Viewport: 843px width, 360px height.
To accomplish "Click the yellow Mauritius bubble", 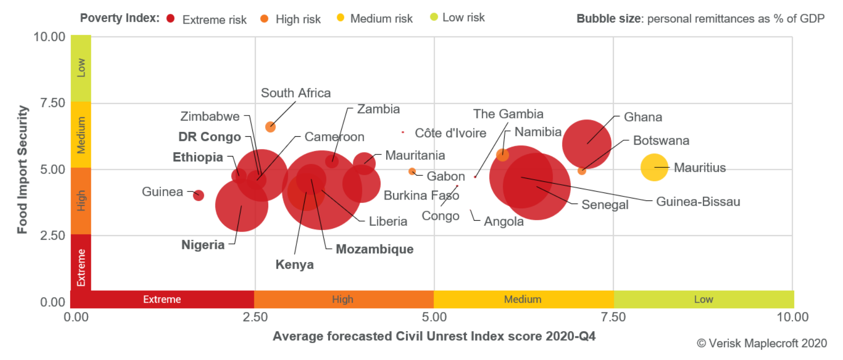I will [654, 167].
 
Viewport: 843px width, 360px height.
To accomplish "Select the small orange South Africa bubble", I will [270, 127].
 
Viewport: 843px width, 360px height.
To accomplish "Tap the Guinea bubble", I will [199, 196].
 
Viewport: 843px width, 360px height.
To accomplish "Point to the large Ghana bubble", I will [587, 144].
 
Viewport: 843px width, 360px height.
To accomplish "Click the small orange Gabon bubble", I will [412, 171].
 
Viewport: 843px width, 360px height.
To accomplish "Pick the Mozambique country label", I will [374, 249].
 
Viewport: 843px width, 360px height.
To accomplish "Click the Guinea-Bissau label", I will [697, 201].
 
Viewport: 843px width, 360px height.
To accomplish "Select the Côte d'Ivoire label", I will [450, 133].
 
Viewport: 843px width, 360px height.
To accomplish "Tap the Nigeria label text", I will [202, 245].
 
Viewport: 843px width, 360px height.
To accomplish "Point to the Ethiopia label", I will [198, 157].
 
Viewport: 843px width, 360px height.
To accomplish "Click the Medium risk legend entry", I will [381, 19].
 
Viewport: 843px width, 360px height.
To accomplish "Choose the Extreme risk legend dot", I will [171, 19].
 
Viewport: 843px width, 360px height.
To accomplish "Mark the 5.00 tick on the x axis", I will [434, 317].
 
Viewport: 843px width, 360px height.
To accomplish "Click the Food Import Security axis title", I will [22, 169].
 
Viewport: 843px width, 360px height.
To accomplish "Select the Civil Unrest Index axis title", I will [434, 336].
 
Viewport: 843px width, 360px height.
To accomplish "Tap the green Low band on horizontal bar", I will [703, 299].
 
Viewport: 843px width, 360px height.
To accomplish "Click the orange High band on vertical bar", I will [81, 200].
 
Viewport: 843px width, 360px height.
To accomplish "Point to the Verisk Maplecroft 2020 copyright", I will [762, 343].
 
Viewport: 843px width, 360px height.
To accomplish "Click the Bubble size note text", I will [700, 19].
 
